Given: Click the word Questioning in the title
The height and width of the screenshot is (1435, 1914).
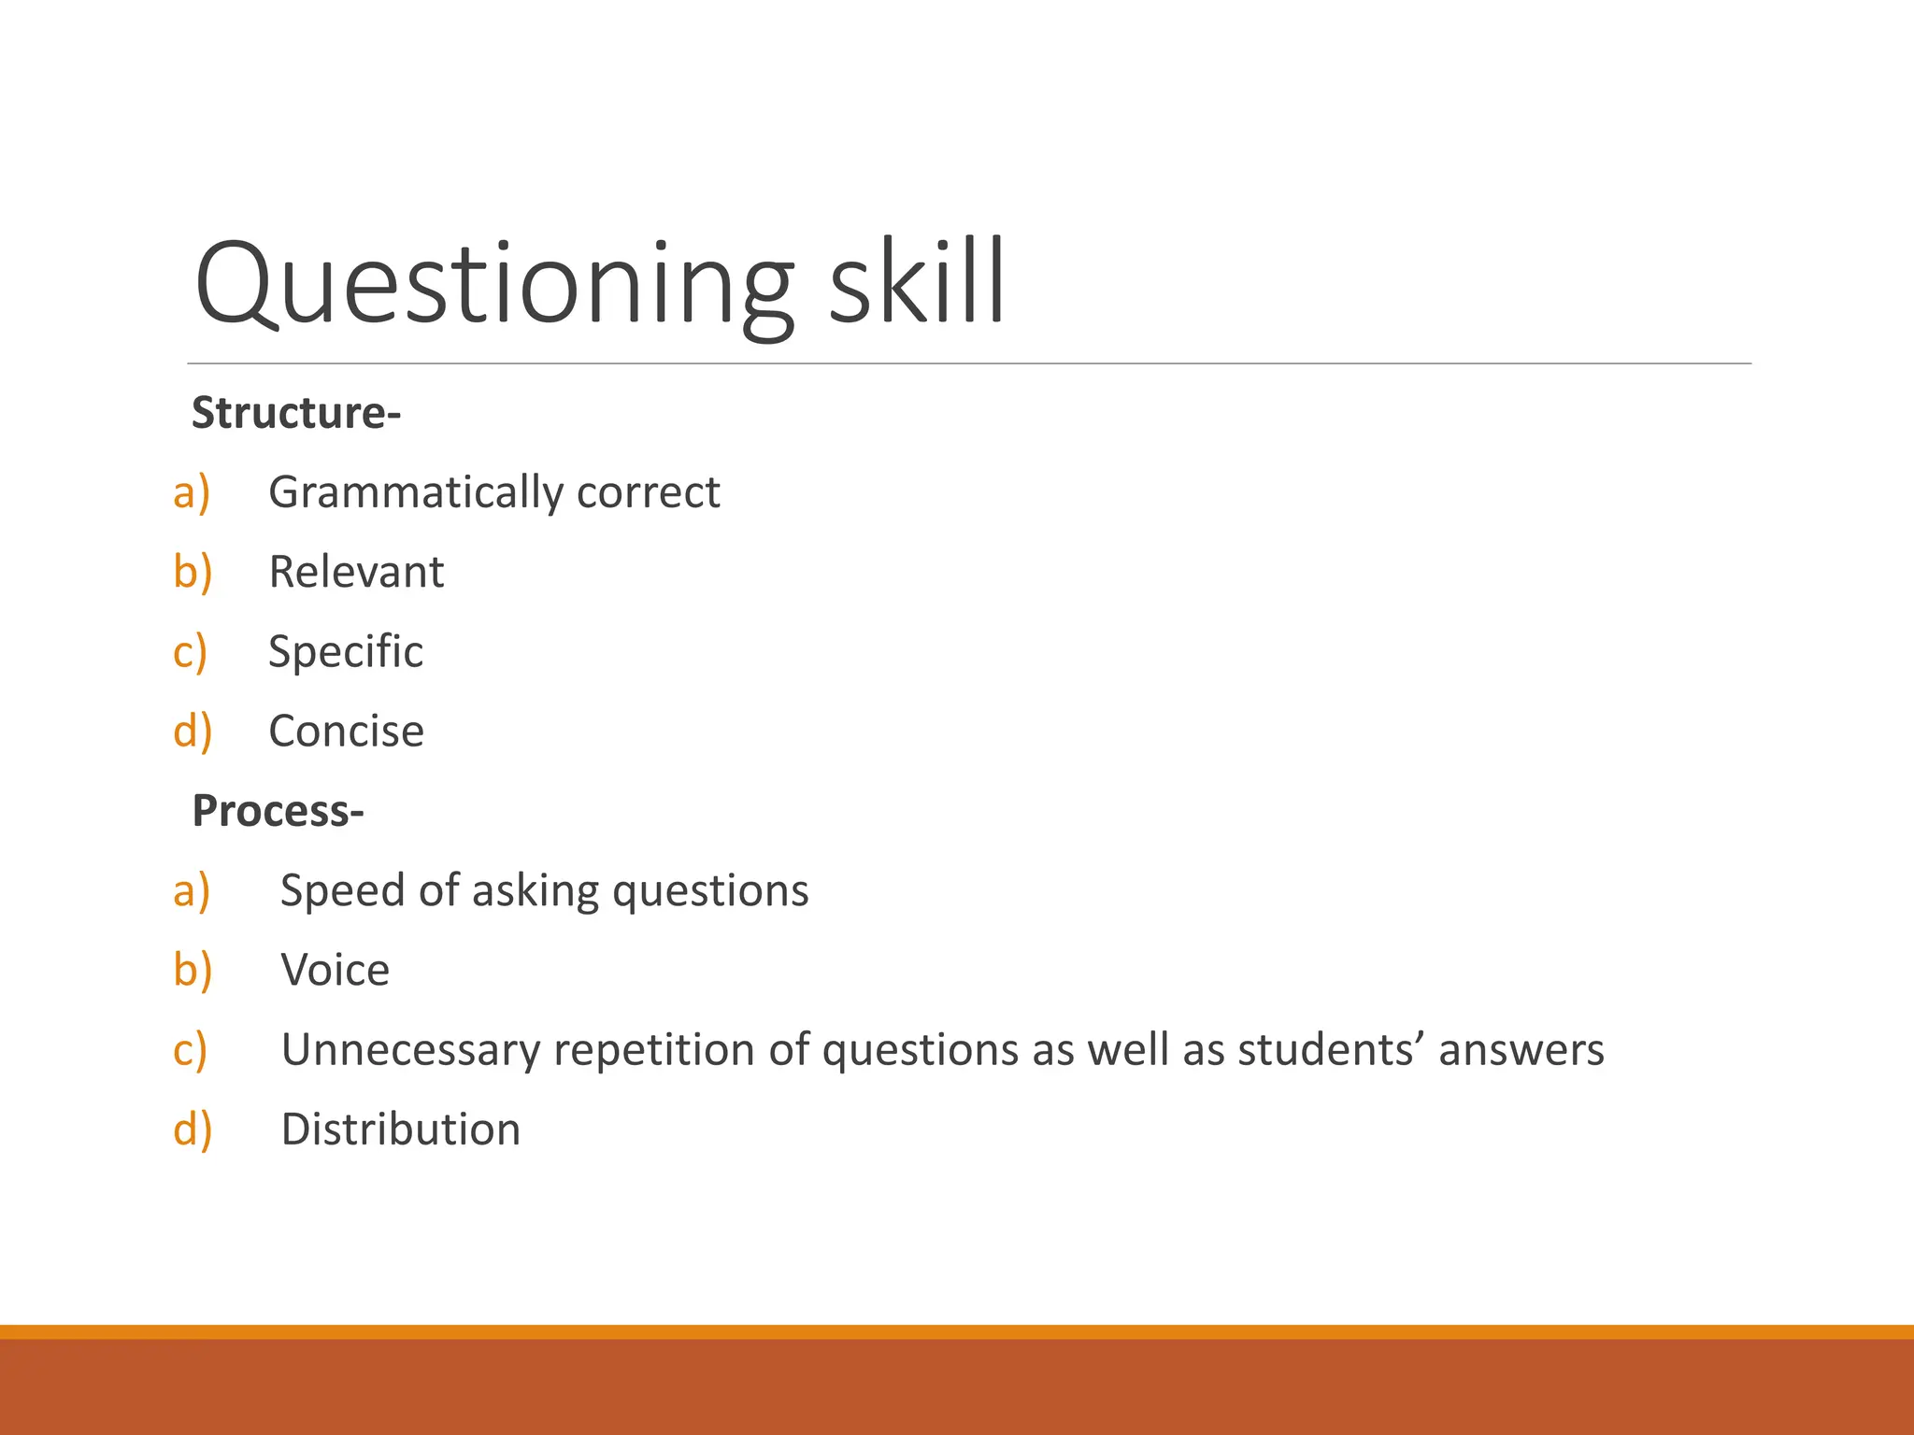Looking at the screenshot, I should pos(494,284).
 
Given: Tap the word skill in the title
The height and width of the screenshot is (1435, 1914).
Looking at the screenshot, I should pos(916,280).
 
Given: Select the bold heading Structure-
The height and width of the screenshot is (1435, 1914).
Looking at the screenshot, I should pos(296,413).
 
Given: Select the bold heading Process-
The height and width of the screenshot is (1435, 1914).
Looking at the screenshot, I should pos(278,811).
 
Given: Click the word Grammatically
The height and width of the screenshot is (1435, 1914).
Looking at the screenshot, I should pos(415,493).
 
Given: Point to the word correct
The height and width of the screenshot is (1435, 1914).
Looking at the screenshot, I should pos(649,493).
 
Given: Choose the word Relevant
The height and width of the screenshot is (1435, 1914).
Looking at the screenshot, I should pos(356,572).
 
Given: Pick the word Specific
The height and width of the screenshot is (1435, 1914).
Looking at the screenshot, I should pos(346,652).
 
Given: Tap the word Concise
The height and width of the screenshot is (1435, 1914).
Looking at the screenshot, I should pos(346,732).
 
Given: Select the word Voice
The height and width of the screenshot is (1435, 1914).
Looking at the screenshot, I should pos(336,971).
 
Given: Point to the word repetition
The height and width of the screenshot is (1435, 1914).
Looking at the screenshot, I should pos(654,1050).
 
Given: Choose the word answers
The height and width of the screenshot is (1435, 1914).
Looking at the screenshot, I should pos(1521,1050).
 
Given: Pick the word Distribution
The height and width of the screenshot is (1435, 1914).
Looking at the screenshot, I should pos(401,1130).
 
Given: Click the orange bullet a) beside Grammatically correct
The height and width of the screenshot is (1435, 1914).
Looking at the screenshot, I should pos(192,493).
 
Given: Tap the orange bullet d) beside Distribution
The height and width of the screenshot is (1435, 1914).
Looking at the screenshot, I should pos(193,1130).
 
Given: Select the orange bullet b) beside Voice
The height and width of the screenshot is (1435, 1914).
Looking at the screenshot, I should pos(193,971).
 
